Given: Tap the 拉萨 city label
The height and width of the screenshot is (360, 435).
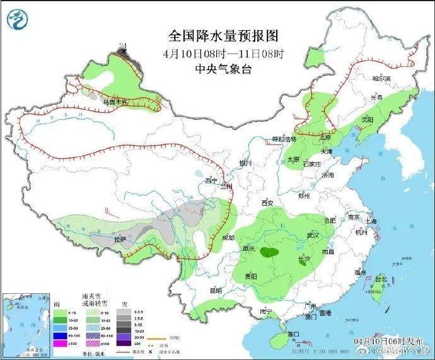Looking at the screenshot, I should [120, 240].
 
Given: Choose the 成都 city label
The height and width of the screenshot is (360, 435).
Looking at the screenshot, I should [228, 238].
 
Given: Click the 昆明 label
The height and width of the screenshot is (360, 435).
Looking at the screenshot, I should [216, 291].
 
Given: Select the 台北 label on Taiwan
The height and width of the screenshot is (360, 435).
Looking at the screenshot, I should [381, 278].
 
